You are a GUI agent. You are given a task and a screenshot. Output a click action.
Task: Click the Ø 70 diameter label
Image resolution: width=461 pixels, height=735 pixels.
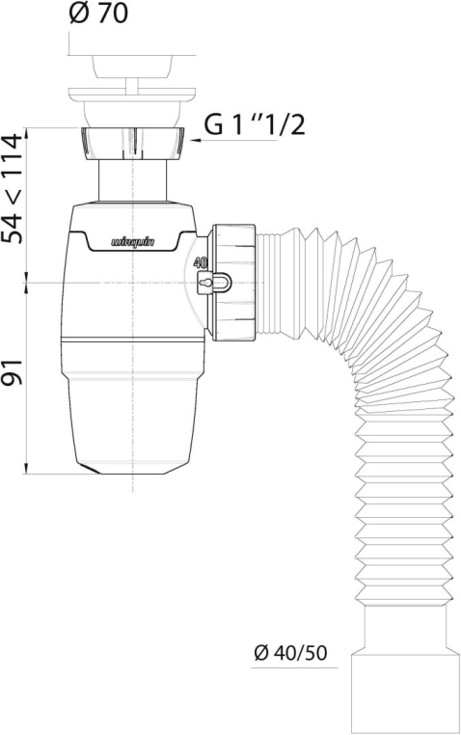[98, 14]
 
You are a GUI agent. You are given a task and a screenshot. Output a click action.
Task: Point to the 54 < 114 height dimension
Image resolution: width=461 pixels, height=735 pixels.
[13, 188]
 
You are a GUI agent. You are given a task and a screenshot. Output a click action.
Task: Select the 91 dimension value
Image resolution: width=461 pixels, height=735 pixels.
[13, 372]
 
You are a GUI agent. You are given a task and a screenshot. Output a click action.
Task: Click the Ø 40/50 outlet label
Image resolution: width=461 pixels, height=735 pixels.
[290, 652]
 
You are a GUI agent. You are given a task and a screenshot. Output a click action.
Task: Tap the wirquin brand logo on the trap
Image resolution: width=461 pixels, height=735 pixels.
[133, 242]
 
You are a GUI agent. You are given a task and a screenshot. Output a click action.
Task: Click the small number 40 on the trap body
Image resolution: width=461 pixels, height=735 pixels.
[201, 262]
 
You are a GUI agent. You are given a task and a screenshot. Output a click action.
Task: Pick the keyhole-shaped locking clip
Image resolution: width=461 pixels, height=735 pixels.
[214, 283]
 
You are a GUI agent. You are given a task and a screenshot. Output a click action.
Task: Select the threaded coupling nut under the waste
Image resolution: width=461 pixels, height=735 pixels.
[133, 143]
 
